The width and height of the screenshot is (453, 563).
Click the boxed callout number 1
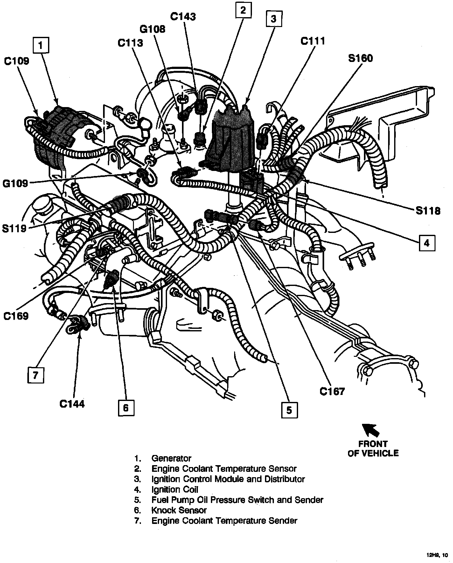40,45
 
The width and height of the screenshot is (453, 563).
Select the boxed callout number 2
243,11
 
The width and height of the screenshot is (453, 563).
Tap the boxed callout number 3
273,19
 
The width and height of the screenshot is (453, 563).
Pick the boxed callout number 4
427,243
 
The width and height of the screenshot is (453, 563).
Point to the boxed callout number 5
289,410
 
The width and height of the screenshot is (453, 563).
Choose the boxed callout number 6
126,408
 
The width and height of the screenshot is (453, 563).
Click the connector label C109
17,61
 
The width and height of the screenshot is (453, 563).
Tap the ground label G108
153,29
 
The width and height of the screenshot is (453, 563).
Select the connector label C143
183,16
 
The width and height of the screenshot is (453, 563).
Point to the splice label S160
360,58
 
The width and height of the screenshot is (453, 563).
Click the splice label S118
428,211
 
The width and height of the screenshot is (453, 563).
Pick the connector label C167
332,391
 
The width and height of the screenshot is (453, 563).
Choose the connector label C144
72,404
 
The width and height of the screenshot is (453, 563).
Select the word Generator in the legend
171,458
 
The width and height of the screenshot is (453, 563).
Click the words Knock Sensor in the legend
179,511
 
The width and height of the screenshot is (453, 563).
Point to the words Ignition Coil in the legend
175,490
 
